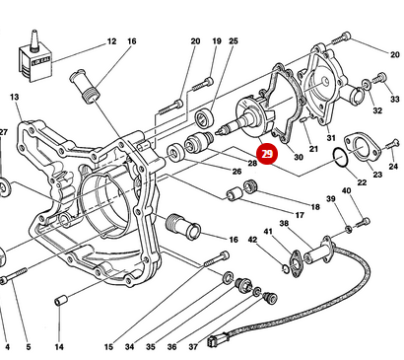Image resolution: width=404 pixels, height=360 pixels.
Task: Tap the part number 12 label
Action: (111, 41)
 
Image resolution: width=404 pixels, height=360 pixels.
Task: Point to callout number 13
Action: (15, 97)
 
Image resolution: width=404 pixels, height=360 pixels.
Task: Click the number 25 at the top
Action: (234, 41)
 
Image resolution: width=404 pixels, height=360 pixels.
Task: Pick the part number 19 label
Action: (216, 41)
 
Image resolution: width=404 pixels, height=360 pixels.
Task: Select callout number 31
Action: (331, 137)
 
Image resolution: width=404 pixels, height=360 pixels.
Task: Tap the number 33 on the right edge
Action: (394, 100)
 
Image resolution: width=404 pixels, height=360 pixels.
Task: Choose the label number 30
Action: (299, 158)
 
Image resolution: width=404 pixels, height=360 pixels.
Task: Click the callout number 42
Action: (252, 240)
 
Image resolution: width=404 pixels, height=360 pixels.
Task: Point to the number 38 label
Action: (284, 224)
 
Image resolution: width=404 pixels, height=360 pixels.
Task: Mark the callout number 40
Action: (346, 191)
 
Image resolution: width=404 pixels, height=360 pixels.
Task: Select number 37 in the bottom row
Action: (194, 347)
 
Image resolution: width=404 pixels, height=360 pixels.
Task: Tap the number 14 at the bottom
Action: (59, 347)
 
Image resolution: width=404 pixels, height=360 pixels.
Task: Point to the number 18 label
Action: (315, 207)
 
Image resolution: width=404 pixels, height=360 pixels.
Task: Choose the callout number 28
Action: (252, 163)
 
